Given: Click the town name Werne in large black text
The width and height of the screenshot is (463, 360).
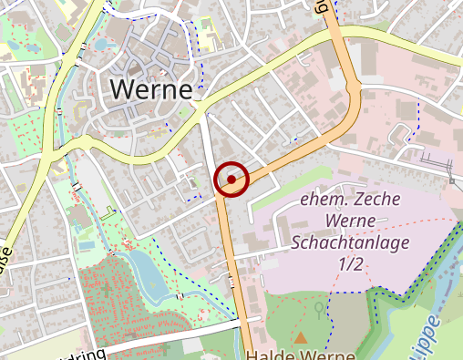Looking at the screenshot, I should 151,89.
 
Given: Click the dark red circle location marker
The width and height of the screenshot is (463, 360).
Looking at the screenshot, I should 231,180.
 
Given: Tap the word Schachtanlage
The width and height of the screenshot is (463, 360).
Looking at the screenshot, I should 350,242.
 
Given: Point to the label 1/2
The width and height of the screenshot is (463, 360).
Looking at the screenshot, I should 350,263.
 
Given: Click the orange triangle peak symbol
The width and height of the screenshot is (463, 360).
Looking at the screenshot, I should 301,337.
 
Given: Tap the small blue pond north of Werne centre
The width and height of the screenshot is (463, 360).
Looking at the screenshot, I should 99,43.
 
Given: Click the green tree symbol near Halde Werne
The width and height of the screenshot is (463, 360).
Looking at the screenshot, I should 318,308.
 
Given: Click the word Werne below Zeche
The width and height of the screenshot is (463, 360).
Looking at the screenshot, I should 350,221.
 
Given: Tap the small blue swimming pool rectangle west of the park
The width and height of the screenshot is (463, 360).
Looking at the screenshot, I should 86,245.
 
